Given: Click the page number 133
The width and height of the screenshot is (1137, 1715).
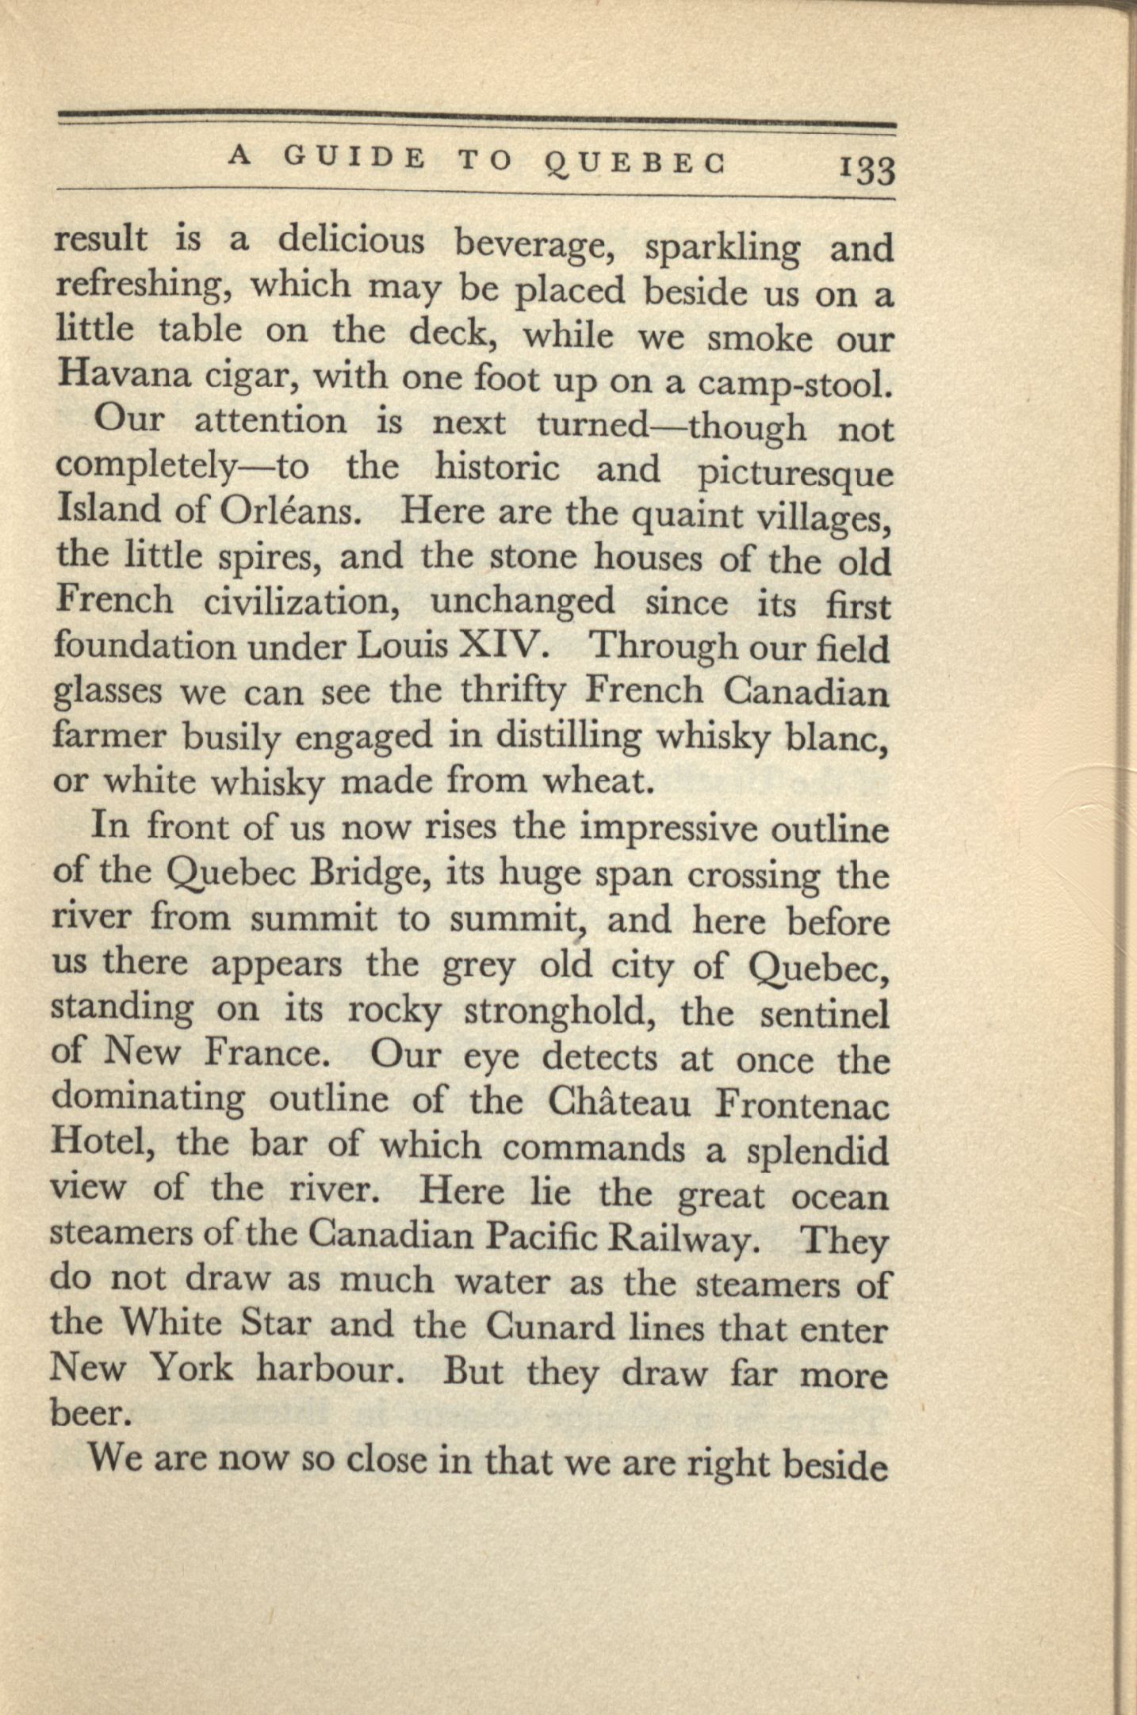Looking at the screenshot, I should [867, 170].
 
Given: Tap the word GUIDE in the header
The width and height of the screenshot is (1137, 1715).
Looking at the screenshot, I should [354, 159].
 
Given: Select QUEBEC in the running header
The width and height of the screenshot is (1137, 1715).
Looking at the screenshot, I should [635, 162].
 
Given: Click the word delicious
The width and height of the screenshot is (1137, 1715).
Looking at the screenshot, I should [351, 242].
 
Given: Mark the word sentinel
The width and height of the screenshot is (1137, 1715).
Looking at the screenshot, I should [824, 1014].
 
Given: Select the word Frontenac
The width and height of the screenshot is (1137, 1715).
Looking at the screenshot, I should [802, 1105].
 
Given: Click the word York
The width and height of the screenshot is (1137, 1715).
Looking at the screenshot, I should [191, 1367].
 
